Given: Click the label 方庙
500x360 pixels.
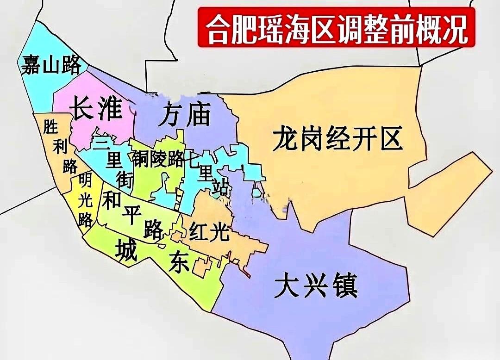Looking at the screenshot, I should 184,115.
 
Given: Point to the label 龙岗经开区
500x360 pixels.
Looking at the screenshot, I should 337,139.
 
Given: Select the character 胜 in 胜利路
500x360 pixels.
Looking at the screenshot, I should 50,126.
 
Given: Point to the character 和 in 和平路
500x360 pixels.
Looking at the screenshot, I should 112,201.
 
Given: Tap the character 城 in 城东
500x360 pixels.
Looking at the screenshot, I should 126,249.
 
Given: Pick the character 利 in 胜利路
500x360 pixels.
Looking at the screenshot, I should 60,147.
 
